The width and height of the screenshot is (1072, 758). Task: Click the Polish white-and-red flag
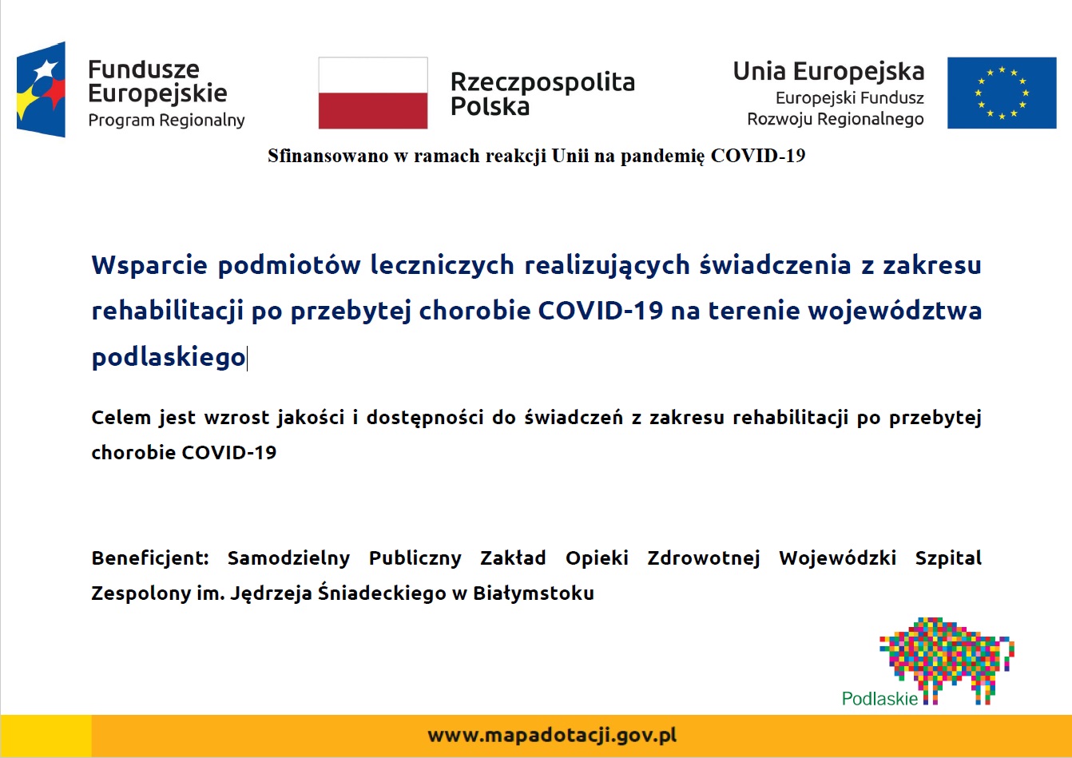point(373,93)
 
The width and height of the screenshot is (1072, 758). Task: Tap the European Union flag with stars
point(1002,93)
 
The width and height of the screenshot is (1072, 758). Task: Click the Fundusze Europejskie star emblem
point(42,89)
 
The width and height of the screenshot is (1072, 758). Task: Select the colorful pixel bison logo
point(947,661)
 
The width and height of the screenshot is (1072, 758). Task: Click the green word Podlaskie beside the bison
point(879,699)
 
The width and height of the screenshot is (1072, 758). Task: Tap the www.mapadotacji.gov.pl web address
point(552,736)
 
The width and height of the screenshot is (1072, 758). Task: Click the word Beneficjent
point(150,558)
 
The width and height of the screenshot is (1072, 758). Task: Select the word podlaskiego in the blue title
point(169,358)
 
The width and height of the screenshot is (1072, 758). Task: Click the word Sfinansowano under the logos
point(328,156)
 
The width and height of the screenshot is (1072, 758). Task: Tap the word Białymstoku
point(534,593)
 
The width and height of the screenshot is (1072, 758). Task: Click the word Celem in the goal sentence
point(121,418)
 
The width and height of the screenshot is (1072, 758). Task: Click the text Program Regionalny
point(166,120)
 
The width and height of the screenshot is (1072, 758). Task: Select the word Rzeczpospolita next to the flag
point(542,82)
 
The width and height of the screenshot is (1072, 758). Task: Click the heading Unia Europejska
point(829,72)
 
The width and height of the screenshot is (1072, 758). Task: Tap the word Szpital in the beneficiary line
point(948,558)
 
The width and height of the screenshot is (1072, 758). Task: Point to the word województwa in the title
point(895,310)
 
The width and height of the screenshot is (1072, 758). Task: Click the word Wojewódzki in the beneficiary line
point(837,558)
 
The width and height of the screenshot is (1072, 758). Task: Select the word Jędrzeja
point(271,594)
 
